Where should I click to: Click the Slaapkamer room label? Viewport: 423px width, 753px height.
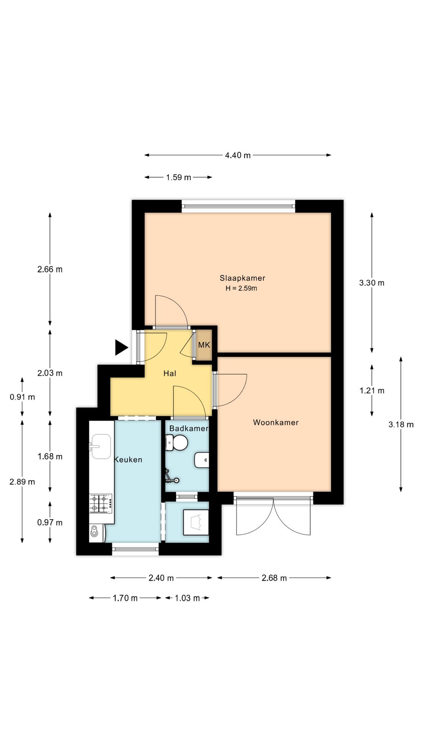point(242,278)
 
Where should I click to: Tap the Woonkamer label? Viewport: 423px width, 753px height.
point(276,422)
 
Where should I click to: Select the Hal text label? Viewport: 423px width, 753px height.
point(170,373)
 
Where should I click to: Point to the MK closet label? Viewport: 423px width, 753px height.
point(204,345)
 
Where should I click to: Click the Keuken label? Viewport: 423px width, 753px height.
point(128,460)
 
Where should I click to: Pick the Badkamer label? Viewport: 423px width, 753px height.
point(189,428)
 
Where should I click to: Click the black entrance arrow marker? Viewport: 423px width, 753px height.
point(121,347)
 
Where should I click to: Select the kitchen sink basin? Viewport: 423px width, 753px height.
point(101,446)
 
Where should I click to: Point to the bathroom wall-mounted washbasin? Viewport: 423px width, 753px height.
point(201,460)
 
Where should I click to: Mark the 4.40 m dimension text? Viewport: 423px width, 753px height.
point(238,155)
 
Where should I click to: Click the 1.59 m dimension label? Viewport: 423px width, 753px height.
point(179,177)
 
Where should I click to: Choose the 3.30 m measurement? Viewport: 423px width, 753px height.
point(372,283)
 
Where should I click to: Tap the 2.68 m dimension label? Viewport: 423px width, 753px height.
point(274,578)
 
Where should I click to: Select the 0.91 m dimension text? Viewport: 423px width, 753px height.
point(22,397)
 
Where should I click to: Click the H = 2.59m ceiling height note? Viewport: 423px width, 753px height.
point(241,289)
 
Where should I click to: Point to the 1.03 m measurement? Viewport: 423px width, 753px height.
point(187,598)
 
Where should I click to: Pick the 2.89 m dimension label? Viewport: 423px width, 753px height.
point(22,482)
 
